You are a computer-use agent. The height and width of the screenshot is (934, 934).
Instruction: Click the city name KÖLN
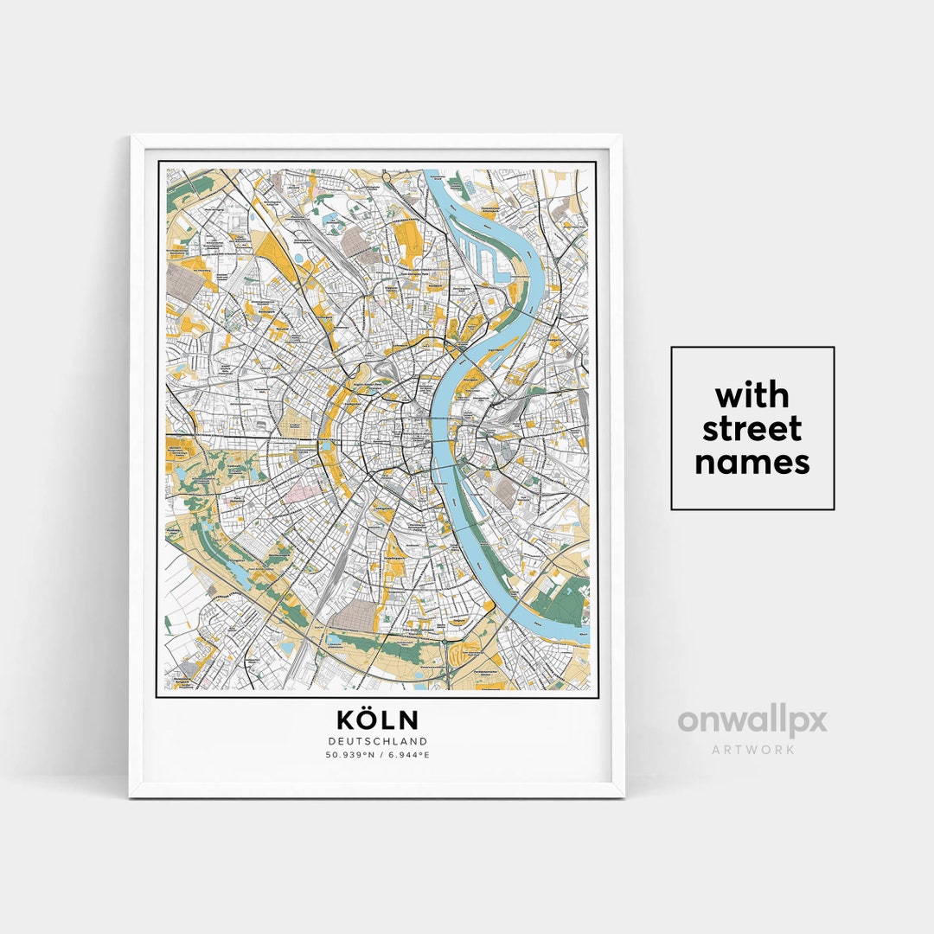point(377,720)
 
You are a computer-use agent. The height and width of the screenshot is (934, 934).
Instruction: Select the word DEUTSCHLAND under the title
point(377,741)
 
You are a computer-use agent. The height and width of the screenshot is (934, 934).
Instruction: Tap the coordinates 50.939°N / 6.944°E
point(377,754)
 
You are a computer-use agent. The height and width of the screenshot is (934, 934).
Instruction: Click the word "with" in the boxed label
point(752,396)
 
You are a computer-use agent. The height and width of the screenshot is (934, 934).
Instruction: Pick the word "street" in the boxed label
point(752,429)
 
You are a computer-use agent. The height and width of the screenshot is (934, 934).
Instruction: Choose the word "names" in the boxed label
point(752,463)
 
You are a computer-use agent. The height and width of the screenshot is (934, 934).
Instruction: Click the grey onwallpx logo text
point(752,721)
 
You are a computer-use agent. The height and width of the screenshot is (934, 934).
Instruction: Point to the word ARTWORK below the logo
point(752,749)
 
